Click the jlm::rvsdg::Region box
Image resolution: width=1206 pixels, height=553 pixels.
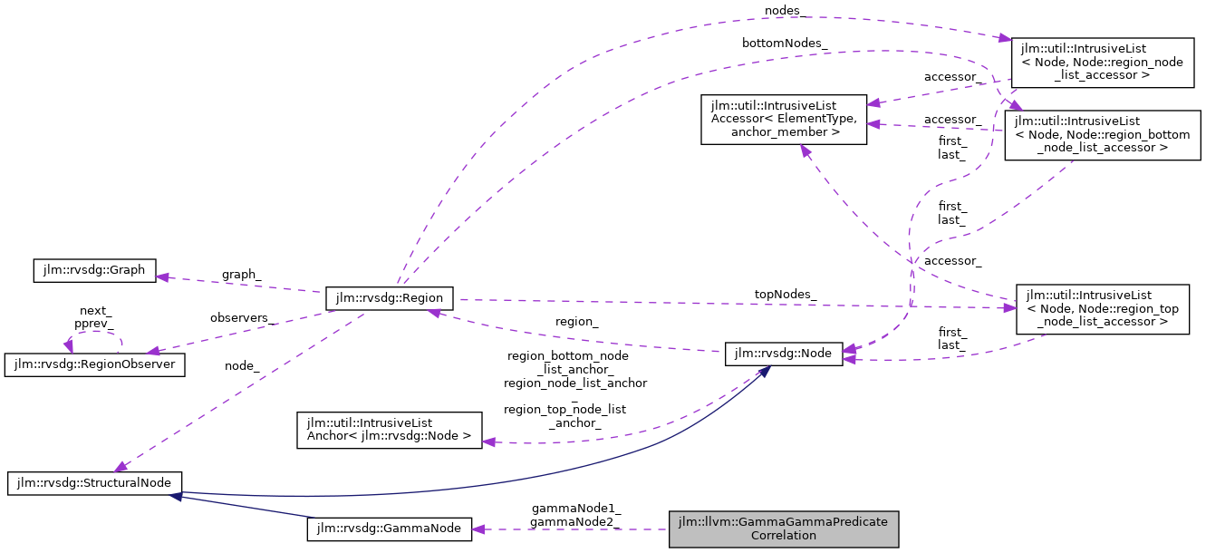pyautogui.click(x=389, y=298)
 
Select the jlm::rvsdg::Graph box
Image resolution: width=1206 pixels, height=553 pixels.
pyautogui.click(x=94, y=270)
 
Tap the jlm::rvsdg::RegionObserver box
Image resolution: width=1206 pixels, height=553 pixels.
pyautogui.click(x=94, y=364)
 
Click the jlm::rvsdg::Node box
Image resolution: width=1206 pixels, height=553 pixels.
pyautogui.click(x=784, y=355)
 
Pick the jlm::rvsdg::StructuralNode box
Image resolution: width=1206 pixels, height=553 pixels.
pyautogui.click(x=94, y=483)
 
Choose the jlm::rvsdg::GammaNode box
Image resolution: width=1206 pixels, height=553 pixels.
pyautogui.click(x=390, y=529)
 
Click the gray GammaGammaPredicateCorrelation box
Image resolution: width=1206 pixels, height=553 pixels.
pyautogui.click(x=784, y=529)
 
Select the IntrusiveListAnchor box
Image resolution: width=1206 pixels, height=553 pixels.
pyautogui.click(x=389, y=430)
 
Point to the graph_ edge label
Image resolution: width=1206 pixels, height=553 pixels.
pyautogui.click(x=242, y=274)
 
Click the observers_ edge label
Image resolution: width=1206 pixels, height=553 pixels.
pyautogui.click(x=243, y=318)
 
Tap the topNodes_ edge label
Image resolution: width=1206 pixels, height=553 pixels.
pyautogui.click(x=786, y=295)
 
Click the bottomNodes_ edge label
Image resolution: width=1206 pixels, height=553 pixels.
pyautogui.click(x=785, y=43)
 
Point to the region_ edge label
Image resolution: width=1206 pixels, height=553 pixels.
pyautogui.click(x=576, y=322)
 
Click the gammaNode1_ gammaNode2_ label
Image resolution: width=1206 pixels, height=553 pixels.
pyautogui.click(x=575, y=515)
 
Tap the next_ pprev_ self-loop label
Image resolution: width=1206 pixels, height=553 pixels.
pyautogui.click(x=96, y=316)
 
